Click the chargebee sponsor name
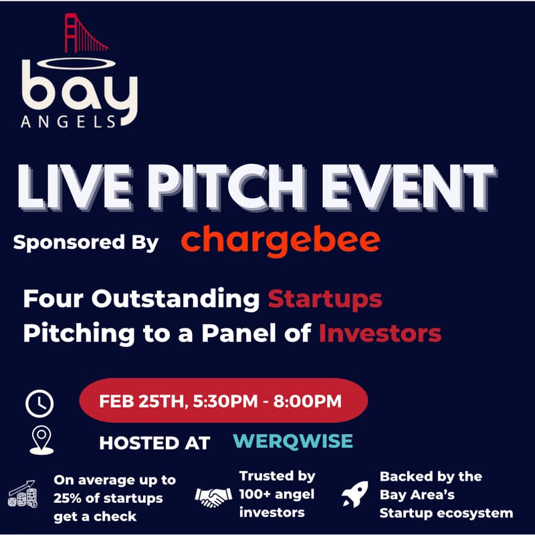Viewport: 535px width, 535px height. (280, 240)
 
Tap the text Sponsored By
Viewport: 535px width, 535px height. (86, 242)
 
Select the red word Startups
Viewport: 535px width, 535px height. (325, 299)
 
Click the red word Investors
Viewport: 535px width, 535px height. (380, 332)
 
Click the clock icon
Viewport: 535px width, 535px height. (39, 403)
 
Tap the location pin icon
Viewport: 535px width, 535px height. (41, 441)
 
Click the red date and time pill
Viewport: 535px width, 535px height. (223, 402)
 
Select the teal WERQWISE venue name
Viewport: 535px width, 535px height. (293, 441)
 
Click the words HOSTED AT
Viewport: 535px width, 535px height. (154, 442)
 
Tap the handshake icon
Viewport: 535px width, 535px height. (212, 496)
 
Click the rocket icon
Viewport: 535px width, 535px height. (355, 496)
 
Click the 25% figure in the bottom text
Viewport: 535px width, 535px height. (70, 499)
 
